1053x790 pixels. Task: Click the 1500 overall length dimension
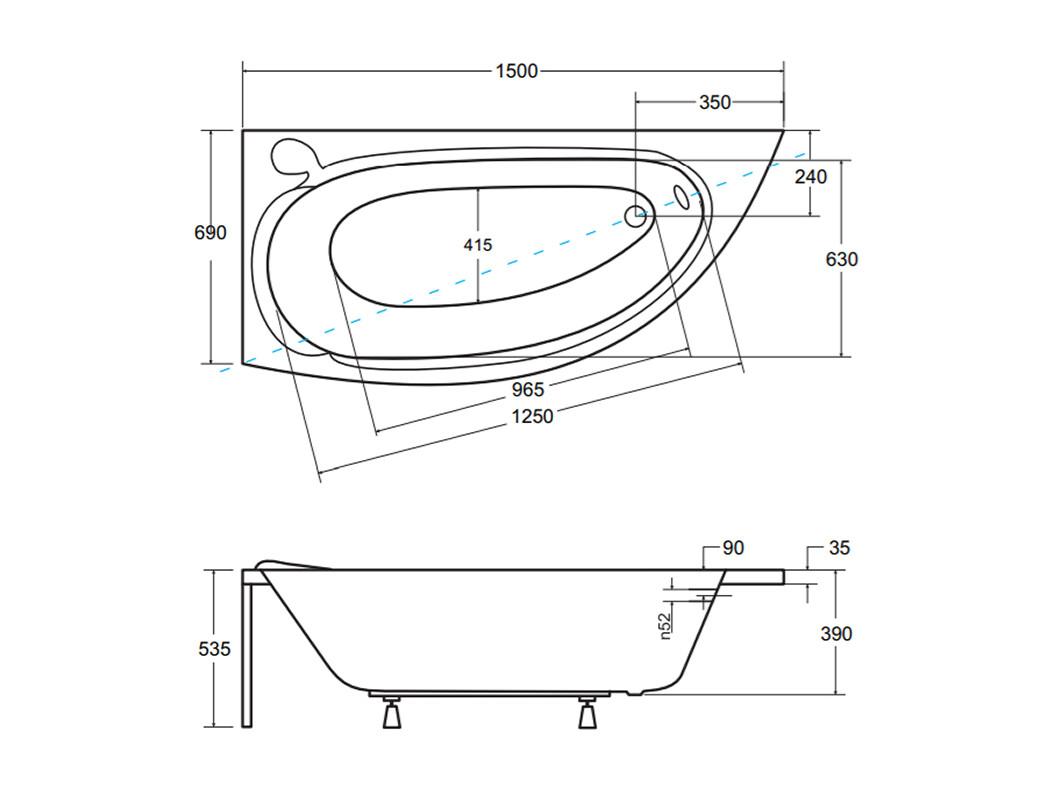tap(516, 71)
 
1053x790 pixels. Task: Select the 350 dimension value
tap(715, 102)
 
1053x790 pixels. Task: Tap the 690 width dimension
tap(210, 232)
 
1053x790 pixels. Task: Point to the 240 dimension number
tap(811, 177)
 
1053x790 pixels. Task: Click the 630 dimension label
tap(841, 259)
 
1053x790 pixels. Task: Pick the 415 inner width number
tap(477, 245)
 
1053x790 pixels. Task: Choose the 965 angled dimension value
tap(528, 389)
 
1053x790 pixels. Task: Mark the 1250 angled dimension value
tap(533, 416)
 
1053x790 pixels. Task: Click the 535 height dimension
tap(214, 648)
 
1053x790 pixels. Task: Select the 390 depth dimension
tap(836, 633)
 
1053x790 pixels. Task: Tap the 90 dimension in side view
tap(733, 548)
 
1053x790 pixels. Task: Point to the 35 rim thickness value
tap(839, 548)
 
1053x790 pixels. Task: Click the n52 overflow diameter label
tap(665, 626)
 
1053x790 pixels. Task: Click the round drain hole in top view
tap(635, 216)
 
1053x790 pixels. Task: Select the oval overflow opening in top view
tap(682, 196)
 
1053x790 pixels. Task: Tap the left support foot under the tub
tap(392, 713)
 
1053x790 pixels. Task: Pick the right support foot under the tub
tap(588, 713)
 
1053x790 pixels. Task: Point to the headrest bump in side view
tap(290, 564)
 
